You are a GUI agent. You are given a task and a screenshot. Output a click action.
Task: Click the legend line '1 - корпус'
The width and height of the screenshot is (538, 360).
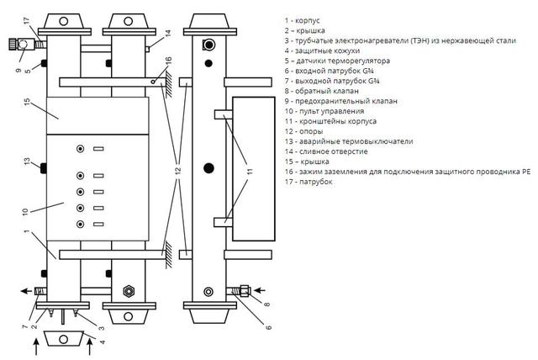302,20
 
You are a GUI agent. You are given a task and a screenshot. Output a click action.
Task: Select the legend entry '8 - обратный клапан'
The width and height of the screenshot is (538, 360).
321,92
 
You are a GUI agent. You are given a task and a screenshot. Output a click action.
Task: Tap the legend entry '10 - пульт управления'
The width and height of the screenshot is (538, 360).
324,111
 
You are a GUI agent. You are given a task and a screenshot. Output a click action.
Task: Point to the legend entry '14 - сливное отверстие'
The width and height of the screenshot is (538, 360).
326,151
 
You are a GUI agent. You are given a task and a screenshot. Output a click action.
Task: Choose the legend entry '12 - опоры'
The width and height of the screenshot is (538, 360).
303,131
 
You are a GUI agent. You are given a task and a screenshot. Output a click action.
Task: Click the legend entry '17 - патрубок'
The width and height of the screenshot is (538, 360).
309,182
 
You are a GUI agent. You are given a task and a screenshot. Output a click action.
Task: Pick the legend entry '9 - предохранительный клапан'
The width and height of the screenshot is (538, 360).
340,101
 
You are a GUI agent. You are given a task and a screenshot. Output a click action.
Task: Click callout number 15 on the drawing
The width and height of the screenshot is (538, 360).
27,102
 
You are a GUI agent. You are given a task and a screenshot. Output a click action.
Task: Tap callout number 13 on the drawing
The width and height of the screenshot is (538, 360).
27,161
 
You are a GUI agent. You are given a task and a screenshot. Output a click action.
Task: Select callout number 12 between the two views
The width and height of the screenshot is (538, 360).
177,171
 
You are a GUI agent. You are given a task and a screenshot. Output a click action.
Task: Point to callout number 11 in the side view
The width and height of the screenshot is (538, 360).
250,171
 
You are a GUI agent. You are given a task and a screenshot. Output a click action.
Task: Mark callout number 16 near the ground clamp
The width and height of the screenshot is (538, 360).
168,61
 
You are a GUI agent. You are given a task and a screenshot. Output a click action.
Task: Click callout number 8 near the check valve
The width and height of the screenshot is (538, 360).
267,304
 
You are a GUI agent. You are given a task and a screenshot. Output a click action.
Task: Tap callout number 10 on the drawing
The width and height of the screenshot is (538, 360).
24,212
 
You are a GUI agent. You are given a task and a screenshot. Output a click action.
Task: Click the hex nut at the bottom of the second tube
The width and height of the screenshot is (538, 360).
129,291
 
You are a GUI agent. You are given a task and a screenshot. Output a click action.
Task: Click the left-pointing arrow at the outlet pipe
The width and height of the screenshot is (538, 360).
26,291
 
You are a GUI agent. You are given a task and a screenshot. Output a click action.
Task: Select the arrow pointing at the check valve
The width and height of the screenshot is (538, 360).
260,291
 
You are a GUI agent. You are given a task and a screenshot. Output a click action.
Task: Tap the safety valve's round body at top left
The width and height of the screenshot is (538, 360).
23,45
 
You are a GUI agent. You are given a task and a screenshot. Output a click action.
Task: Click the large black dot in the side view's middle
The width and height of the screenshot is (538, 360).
208,168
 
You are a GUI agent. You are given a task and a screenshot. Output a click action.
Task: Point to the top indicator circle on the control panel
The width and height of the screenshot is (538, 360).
81,149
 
